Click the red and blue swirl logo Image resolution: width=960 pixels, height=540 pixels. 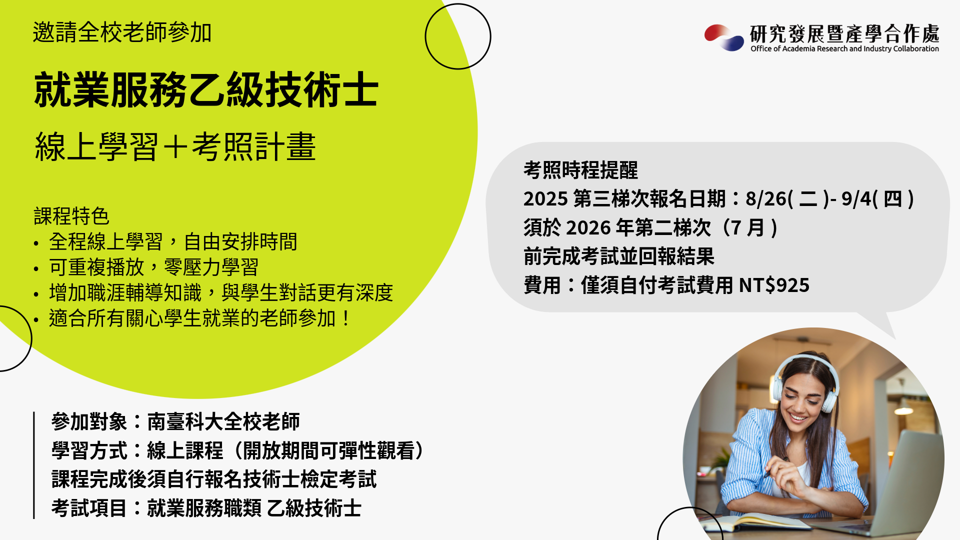724,37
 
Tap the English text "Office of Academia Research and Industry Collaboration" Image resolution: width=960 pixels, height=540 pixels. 844,48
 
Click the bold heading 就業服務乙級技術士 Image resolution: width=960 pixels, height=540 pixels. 206,90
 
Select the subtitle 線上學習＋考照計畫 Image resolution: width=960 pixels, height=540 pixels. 175,146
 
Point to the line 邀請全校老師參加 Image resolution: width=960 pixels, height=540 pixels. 122,32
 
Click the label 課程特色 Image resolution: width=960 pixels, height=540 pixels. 71,216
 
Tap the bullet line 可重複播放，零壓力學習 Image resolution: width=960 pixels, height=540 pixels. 153,267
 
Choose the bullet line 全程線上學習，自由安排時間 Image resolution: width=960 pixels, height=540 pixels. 173,241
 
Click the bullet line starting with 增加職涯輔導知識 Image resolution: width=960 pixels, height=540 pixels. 221,292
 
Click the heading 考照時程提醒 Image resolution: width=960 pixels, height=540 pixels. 580,170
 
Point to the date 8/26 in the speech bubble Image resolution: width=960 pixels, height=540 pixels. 766,199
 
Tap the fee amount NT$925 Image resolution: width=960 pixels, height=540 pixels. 774,285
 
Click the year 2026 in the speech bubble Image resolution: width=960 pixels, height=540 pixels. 588,228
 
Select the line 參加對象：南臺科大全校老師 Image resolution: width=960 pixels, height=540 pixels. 175,421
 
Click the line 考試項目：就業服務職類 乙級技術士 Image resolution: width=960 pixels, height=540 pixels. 206,508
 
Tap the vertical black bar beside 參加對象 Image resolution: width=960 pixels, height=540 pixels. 33,465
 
